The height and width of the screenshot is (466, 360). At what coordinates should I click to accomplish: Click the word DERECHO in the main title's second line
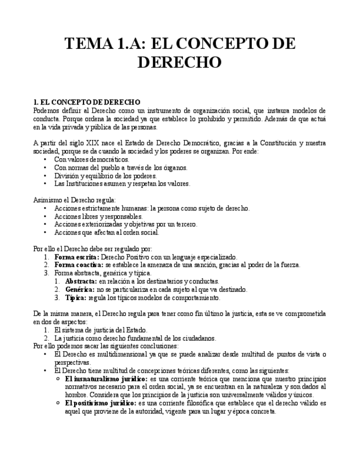click(179, 62)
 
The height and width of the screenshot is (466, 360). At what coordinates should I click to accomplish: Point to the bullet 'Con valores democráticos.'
click(88, 159)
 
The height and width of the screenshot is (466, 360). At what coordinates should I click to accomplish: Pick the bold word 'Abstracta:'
click(81, 281)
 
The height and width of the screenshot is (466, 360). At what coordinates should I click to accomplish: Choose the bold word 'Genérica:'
click(80, 290)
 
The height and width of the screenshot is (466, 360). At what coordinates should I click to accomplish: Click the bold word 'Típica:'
click(76, 298)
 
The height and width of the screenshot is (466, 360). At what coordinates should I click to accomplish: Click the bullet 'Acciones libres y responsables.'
click(98, 217)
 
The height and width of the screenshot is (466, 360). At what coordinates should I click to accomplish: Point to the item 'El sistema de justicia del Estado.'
click(101, 330)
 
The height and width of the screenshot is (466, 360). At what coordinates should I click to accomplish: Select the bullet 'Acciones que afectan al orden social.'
click(107, 232)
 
